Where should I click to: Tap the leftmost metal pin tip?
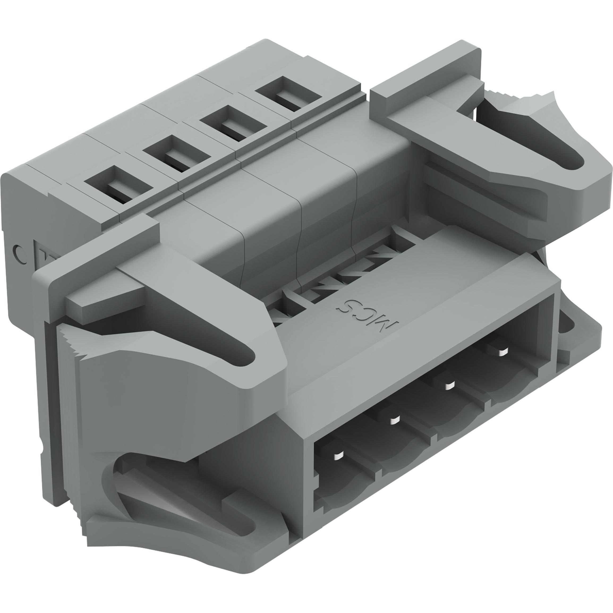click(339, 456)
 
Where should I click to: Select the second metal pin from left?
click(394, 421)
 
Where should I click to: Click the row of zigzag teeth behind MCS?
click(336, 273)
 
